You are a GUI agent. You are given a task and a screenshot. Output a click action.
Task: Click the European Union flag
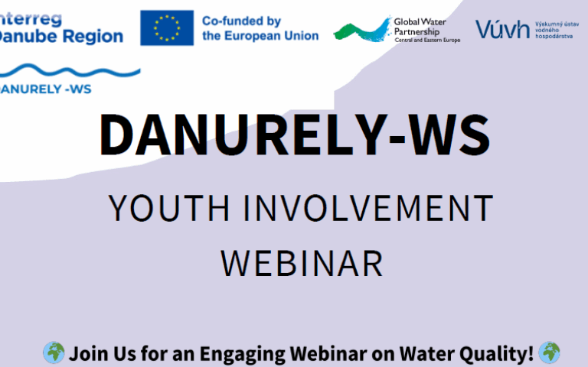tap(166, 28)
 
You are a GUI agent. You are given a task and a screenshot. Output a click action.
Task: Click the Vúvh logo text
tap(502, 29)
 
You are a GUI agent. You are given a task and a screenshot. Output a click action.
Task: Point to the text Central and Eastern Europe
tap(427, 39)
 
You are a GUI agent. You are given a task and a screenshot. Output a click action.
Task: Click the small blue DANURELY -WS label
tap(46, 89)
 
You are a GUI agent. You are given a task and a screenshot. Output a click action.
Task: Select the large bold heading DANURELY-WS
tap(293, 135)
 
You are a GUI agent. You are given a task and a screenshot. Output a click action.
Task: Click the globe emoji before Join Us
tap(54, 353)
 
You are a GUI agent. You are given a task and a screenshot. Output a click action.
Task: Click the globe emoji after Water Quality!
tap(548, 353)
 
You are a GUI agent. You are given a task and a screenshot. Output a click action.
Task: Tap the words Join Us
tap(97, 354)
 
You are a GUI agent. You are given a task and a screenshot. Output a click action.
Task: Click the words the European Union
tap(260, 36)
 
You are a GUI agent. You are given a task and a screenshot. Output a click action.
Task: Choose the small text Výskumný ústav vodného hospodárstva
tap(556, 29)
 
